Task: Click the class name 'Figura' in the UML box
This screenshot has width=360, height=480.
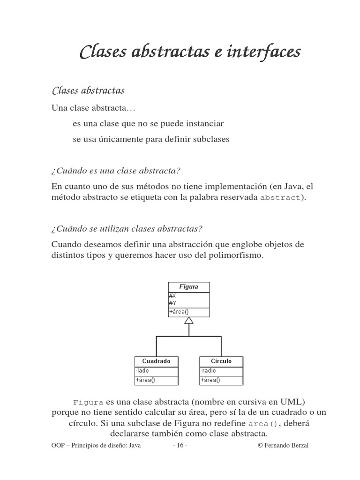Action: (x=189, y=287)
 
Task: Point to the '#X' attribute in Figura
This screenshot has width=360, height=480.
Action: (x=172, y=296)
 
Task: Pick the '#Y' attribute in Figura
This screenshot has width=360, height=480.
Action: (x=172, y=303)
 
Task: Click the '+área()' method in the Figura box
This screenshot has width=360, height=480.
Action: (x=179, y=312)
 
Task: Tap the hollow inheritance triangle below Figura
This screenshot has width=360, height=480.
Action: (x=189, y=321)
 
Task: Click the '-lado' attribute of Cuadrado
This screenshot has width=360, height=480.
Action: (x=142, y=371)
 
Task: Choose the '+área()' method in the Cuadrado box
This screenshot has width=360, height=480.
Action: (x=145, y=380)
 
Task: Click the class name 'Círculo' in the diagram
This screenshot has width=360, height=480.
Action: (x=221, y=361)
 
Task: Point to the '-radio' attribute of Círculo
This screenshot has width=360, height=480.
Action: (x=208, y=371)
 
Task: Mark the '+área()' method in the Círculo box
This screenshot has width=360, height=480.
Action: (x=210, y=380)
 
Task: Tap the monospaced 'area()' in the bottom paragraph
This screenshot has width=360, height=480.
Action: (x=262, y=423)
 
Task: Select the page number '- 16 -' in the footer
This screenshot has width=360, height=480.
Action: (x=180, y=445)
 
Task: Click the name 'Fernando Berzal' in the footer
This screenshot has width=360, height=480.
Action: (x=286, y=445)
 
